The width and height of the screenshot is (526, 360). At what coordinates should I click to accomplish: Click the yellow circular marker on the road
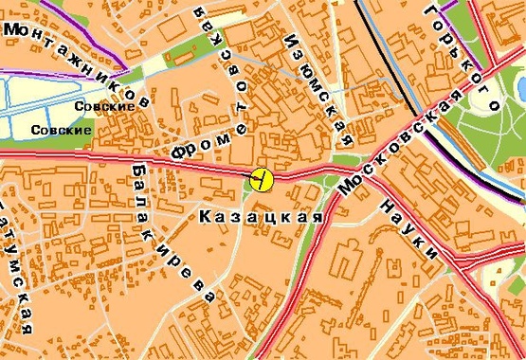pos(262,177)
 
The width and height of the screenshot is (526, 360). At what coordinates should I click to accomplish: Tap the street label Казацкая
pos(256,217)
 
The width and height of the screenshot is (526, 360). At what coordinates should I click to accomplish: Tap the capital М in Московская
pos(346,188)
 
